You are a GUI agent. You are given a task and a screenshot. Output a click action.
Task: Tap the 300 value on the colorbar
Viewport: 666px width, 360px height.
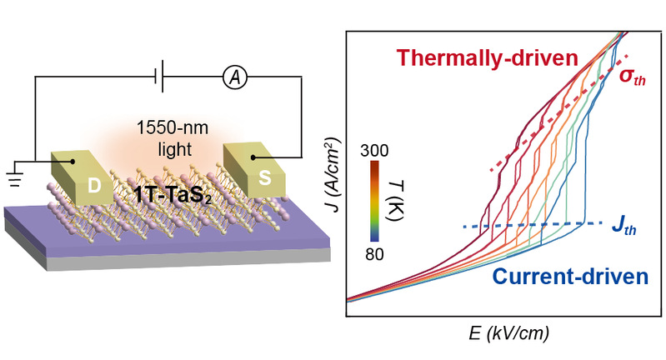coord(375,151)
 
